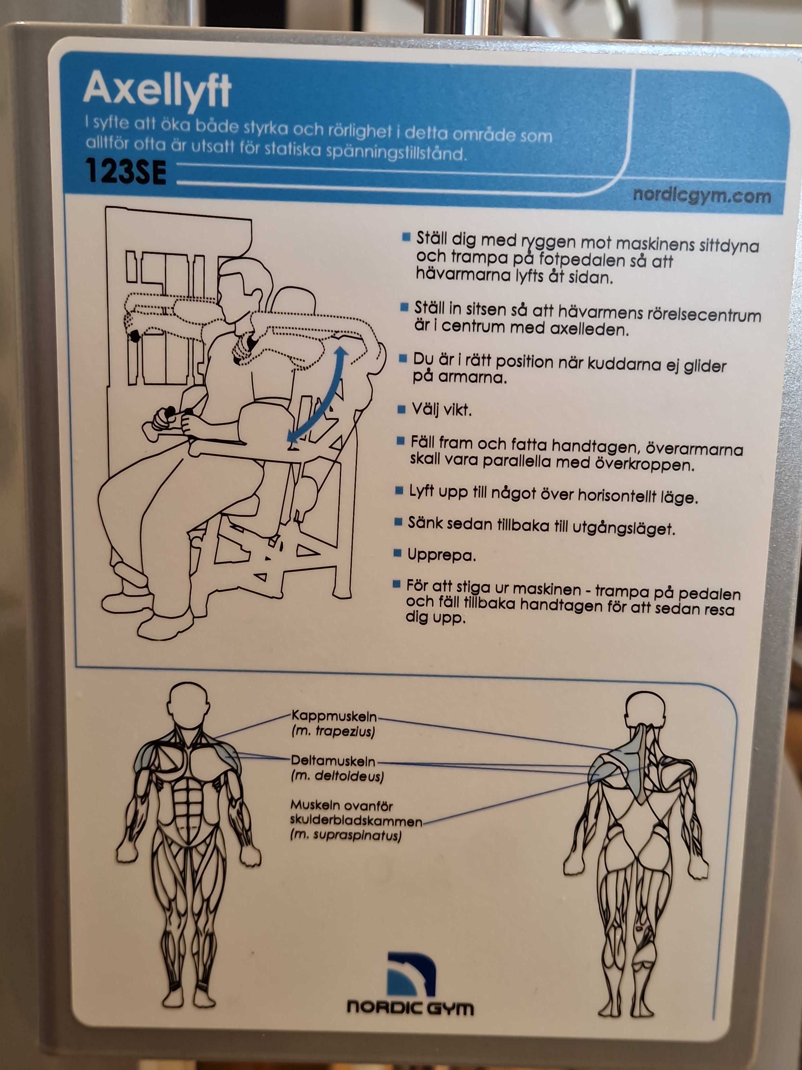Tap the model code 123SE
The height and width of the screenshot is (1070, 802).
point(126,172)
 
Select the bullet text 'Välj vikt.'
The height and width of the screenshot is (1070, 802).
point(441,410)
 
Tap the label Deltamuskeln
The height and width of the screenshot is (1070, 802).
point(333,761)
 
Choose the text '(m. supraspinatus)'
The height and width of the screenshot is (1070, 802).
point(346,835)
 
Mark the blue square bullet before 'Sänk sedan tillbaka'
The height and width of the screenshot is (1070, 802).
point(398,522)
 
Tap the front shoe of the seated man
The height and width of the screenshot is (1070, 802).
point(164,624)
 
